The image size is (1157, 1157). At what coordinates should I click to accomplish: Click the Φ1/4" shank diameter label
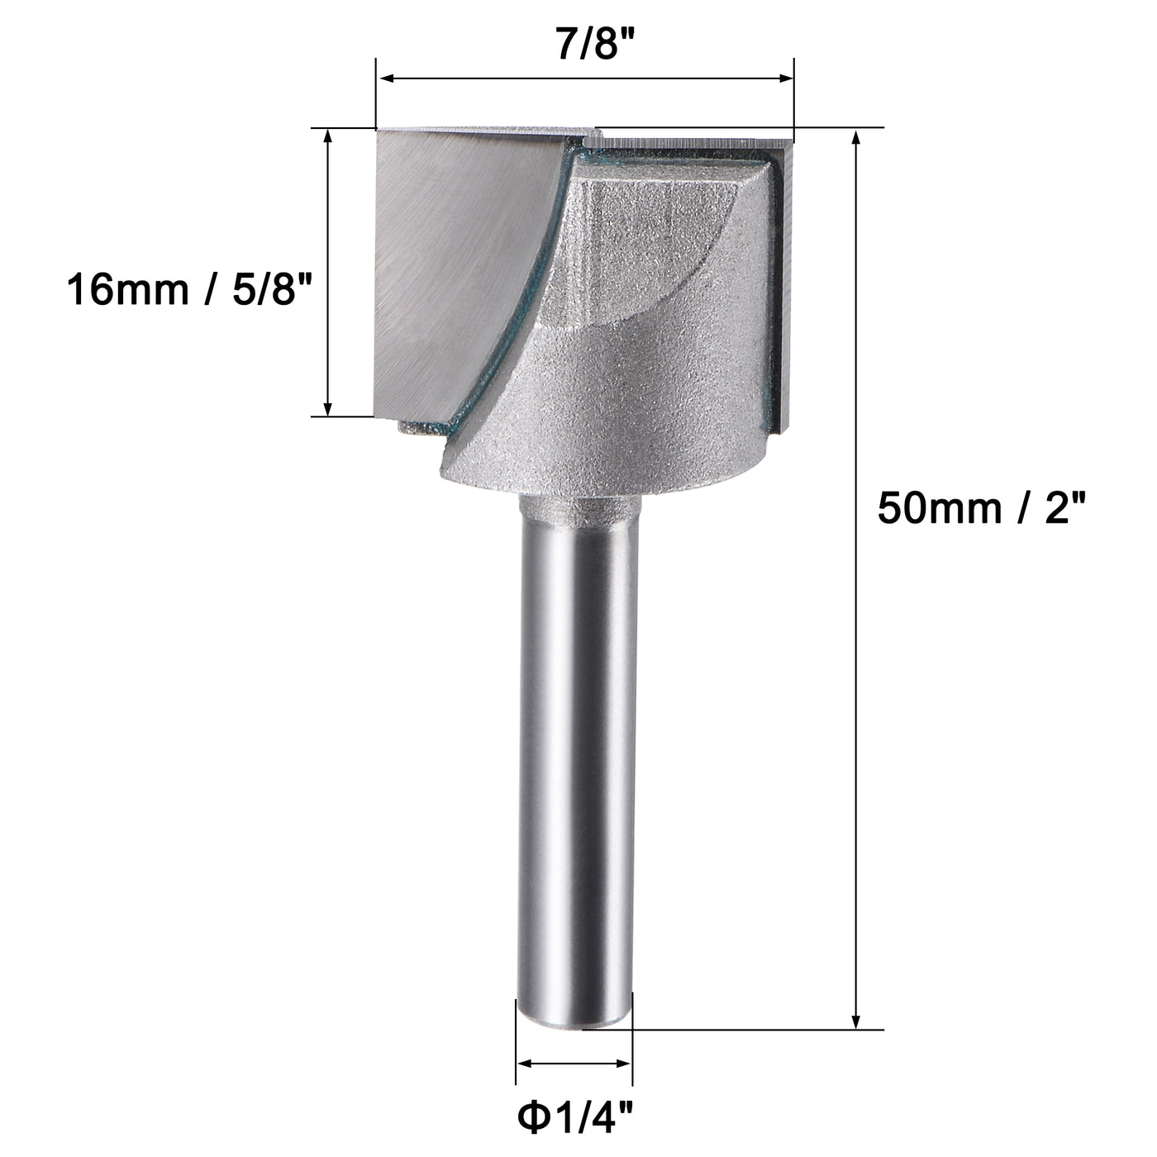pyautogui.click(x=575, y=1119)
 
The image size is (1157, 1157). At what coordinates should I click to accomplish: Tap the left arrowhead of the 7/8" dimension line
pyautogui.click(x=384, y=79)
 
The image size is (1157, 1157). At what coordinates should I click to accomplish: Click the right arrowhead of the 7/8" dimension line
pyautogui.click(x=785, y=79)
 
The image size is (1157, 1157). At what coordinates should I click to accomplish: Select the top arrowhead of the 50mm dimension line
pyautogui.click(x=857, y=137)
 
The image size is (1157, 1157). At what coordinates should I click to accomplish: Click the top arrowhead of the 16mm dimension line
pyautogui.click(x=328, y=137)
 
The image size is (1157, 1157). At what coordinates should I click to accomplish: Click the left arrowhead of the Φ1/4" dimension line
pyautogui.click(x=524, y=1064)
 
